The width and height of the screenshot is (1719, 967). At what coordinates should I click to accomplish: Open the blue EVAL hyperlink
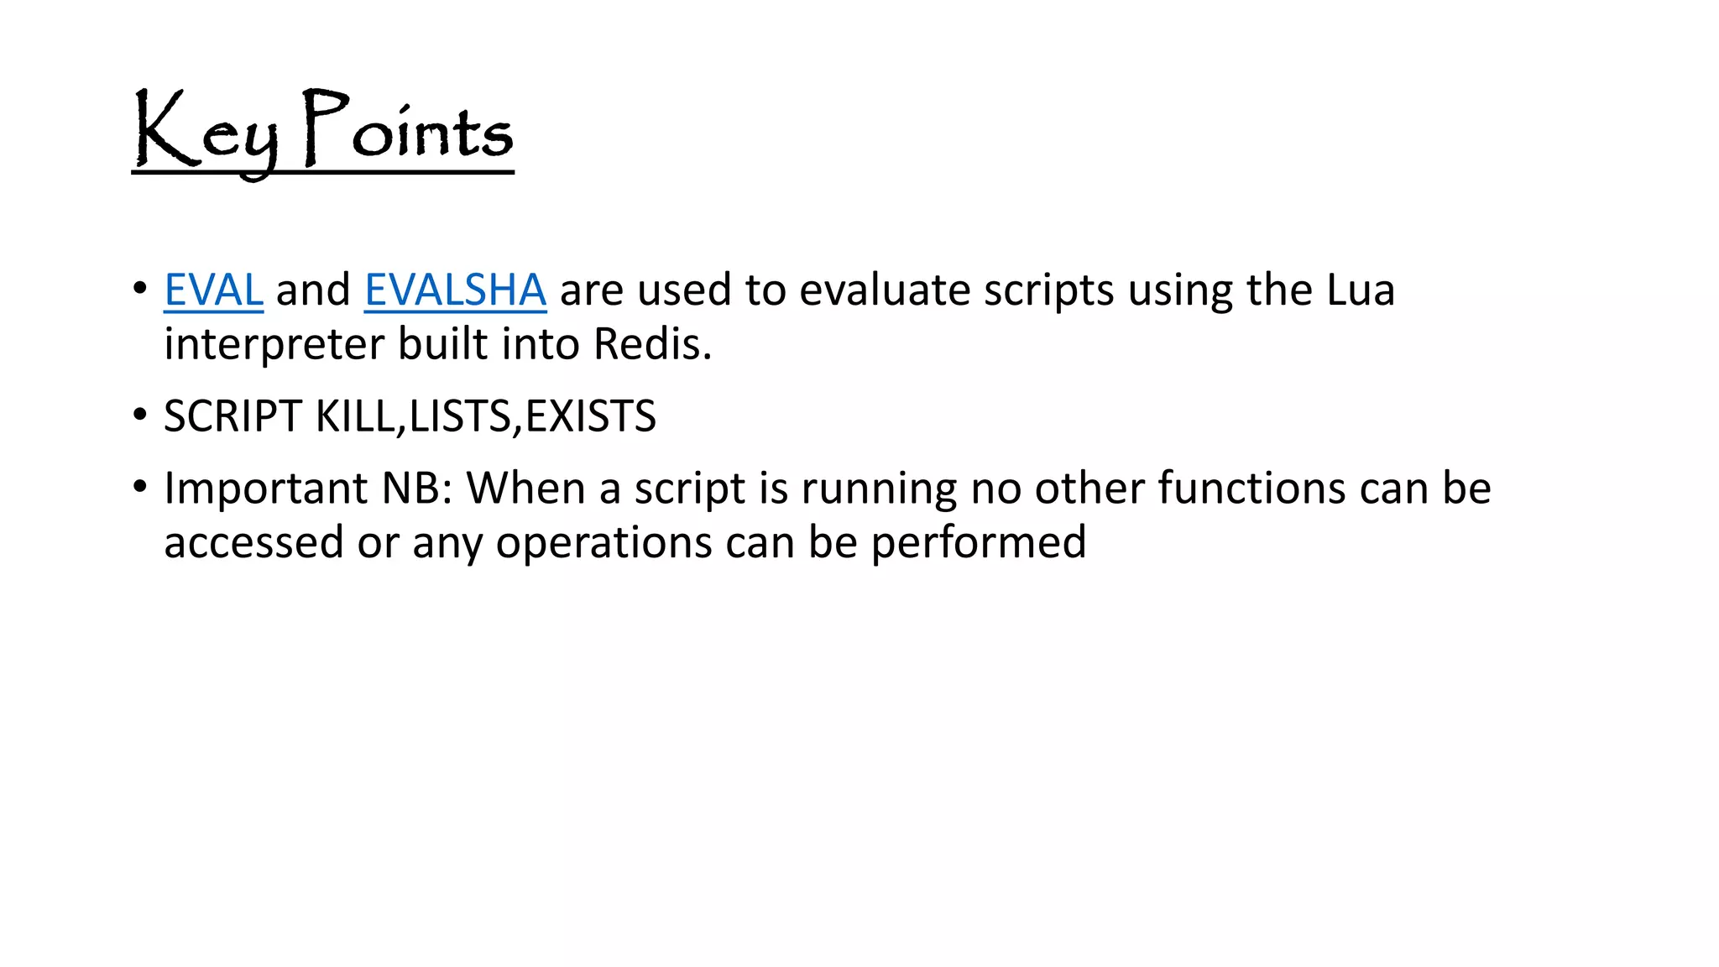(x=213, y=290)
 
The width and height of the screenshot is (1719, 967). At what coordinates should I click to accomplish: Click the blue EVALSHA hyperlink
(x=455, y=290)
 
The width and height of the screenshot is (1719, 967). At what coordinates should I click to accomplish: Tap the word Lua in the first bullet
(x=1360, y=290)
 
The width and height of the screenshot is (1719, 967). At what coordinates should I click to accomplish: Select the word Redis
(x=652, y=344)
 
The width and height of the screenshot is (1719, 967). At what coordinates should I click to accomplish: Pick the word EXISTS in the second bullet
(x=590, y=416)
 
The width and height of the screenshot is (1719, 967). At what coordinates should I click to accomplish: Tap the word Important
(x=265, y=489)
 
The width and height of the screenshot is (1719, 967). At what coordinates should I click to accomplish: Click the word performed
(x=978, y=543)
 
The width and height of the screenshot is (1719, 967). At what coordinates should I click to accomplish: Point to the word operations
(x=603, y=543)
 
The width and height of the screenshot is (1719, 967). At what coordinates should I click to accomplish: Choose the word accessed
(x=253, y=543)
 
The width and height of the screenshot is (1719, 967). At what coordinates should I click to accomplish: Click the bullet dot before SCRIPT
(x=139, y=416)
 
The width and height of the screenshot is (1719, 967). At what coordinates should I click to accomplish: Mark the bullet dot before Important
(x=139, y=487)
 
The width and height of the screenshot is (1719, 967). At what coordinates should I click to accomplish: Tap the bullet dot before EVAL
(x=139, y=289)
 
